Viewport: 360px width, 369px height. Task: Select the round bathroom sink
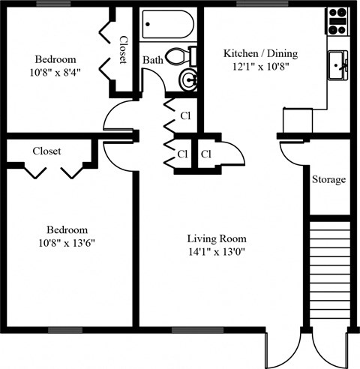(x=188, y=79)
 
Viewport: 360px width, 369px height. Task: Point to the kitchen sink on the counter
(x=338, y=65)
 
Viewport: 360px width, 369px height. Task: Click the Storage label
(x=328, y=180)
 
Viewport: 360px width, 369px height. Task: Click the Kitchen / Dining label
(x=260, y=54)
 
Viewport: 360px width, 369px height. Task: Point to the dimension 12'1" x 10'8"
(x=260, y=67)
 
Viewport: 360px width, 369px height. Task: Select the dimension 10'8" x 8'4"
(x=57, y=72)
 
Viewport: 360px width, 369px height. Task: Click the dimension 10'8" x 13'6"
(x=67, y=243)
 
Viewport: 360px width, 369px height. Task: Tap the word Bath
(x=153, y=60)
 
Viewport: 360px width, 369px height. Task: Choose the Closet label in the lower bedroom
(x=46, y=151)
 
